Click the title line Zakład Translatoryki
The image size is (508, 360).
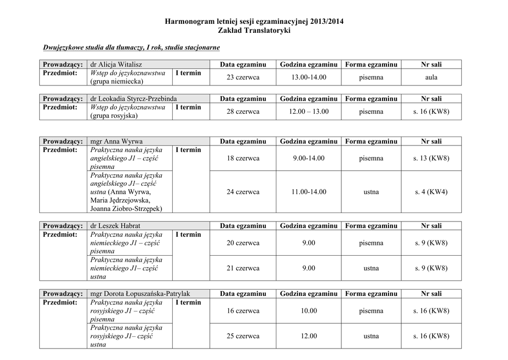click(254, 31)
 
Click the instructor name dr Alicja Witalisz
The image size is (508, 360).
click(113, 65)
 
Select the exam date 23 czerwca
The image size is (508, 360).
click(243, 77)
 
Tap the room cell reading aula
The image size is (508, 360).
click(431, 77)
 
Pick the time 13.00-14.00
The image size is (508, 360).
click(309, 77)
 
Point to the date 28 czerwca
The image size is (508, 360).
click(243, 112)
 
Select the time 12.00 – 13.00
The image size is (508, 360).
click(309, 112)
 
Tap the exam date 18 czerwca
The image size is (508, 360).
click(243, 158)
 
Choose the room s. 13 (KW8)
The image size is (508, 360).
click(431, 158)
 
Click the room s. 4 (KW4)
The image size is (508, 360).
click(431, 192)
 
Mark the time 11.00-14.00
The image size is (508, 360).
click(309, 192)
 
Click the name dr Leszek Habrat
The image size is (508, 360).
click(116, 226)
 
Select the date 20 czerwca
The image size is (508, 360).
click(243, 243)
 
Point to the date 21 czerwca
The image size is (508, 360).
click(243, 268)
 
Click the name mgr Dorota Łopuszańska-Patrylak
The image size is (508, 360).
click(140, 293)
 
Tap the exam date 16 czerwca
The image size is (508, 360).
click(243, 311)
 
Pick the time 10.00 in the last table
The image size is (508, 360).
click(309, 311)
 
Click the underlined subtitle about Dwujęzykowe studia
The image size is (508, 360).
click(131, 48)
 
